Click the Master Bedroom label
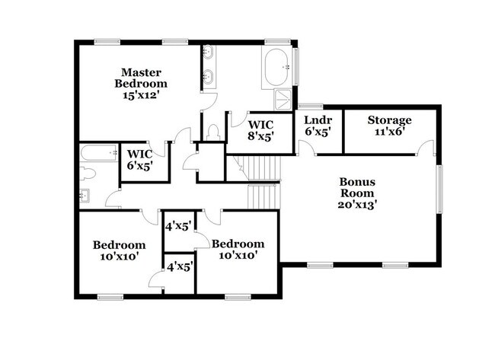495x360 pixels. (x=141, y=78)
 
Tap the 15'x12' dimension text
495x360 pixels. (x=140, y=95)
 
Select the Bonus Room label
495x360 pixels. (x=357, y=187)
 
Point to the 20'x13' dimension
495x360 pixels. (x=358, y=205)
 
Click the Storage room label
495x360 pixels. (x=390, y=120)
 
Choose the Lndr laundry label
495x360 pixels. (x=318, y=120)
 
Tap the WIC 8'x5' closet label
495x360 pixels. (x=260, y=131)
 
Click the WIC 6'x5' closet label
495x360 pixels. (x=140, y=160)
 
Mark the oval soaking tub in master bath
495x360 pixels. (x=276, y=67)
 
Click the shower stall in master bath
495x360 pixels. (x=283, y=100)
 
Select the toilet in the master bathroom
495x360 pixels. (x=213, y=132)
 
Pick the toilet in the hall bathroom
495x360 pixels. (x=87, y=174)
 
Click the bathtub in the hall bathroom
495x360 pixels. (x=99, y=153)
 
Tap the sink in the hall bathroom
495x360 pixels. (x=85, y=196)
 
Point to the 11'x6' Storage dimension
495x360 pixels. (x=390, y=132)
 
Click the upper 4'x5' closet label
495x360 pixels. (x=179, y=226)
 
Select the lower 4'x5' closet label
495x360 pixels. (x=180, y=268)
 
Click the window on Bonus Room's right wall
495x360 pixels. (x=439, y=189)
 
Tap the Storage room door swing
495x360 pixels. (x=426, y=147)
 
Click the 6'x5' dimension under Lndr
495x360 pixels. (x=318, y=131)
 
